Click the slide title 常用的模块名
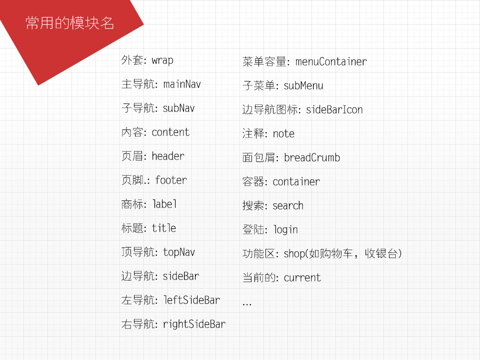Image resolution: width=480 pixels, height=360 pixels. pos(70,23)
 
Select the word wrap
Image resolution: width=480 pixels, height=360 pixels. pos(162,60)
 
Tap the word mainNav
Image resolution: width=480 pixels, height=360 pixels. pos(182,84)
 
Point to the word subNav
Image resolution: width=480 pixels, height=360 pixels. pos(178,108)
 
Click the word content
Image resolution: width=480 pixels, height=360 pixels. pos(170,132)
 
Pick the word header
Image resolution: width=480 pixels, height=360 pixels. pos(168,156)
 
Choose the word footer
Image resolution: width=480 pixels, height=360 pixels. pos(171,180)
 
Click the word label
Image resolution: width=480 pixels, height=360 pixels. pos(164,204)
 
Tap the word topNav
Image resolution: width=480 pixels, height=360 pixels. pos(179,252)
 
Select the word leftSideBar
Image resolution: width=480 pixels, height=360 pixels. pos(191,300)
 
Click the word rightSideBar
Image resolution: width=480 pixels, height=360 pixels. pos(194,324)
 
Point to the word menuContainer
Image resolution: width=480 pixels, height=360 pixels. pos(331,61)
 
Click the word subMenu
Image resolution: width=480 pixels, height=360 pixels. pos(303,85)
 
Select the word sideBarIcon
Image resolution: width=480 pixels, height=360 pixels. pos(334,109)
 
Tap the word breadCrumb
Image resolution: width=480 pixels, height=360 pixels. pos(312,157)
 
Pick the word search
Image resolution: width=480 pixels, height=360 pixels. pos(288,205)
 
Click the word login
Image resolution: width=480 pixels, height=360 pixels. pos(285,229)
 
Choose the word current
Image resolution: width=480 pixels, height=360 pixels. pos(302,277)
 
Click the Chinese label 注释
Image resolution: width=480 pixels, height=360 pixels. pos(253,133)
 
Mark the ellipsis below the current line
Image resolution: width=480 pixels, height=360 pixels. pos(246,304)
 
